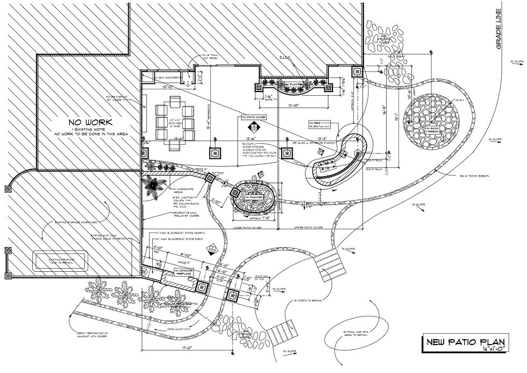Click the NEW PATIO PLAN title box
coord(465,342)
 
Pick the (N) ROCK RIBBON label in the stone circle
coord(433,130)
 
